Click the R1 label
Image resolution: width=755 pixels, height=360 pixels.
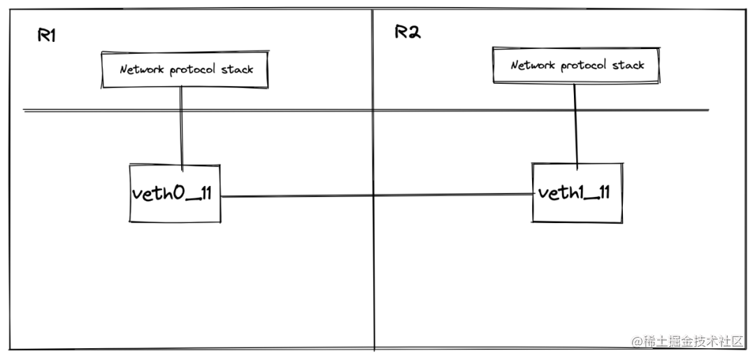46,35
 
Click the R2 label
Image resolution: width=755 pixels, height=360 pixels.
408,31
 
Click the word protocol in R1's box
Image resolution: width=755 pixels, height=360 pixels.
194,71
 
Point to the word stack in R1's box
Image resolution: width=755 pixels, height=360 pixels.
237,69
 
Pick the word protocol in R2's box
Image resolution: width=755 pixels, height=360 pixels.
586,66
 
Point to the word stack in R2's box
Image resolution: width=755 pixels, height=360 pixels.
628,65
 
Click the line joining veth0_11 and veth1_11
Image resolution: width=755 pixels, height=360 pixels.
377,196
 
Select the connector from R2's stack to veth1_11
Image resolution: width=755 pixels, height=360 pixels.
575,127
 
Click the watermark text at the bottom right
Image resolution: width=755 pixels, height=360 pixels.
688,341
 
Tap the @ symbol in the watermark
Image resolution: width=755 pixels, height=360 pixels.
638,342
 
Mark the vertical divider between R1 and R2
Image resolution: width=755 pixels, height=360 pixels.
373,180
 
